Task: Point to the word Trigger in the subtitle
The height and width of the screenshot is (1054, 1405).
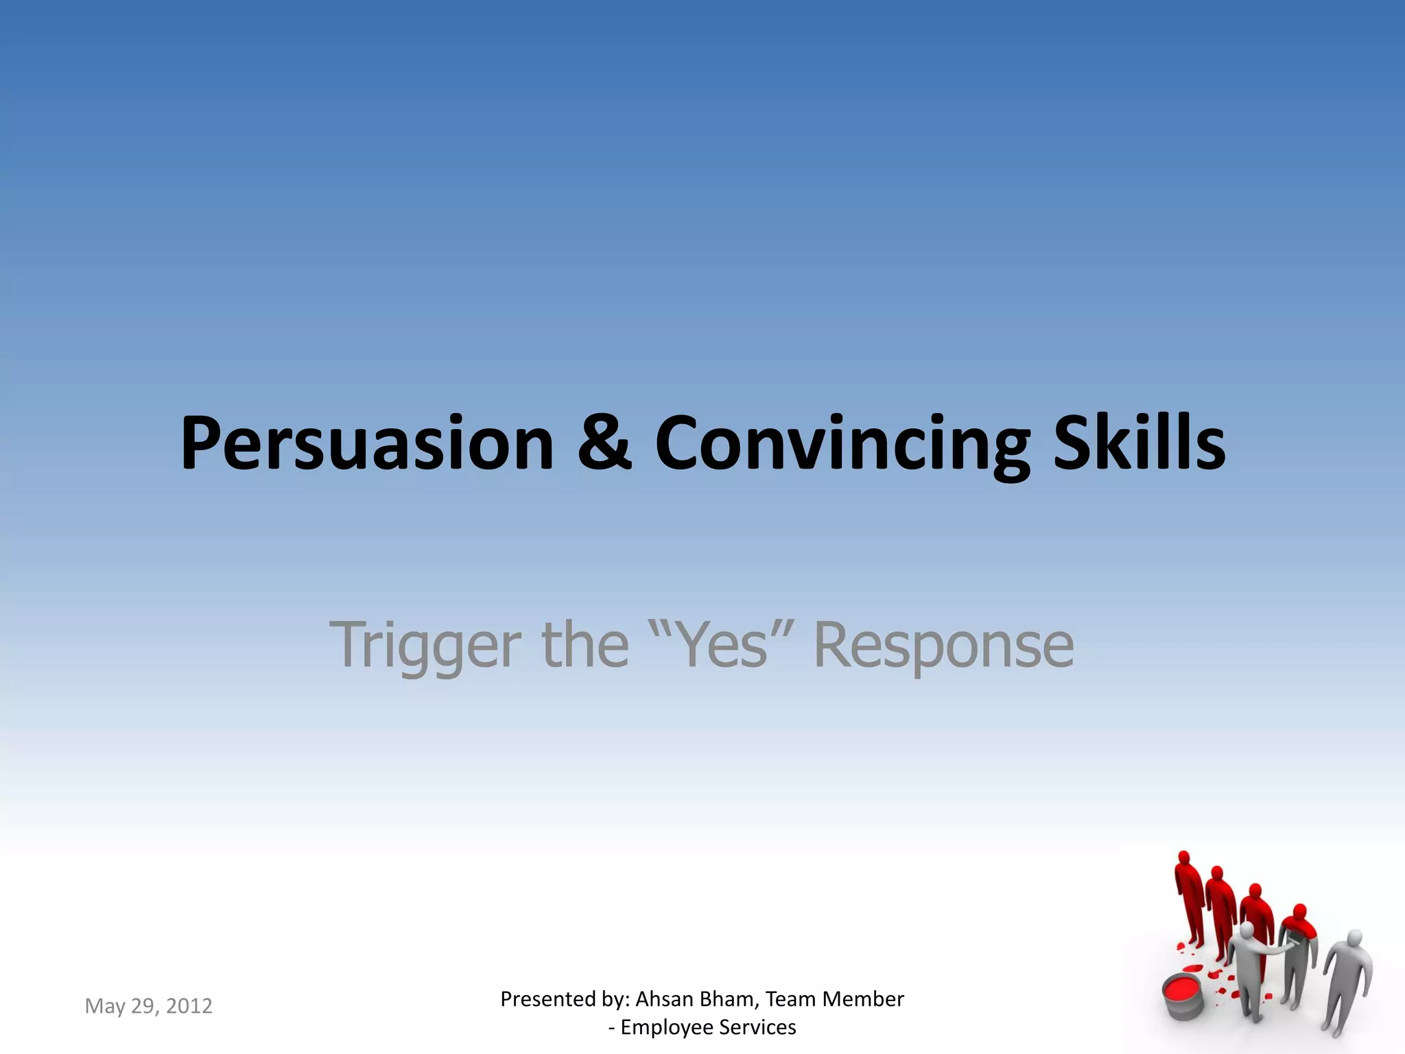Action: click(425, 645)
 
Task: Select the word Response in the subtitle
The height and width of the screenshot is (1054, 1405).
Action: click(943, 645)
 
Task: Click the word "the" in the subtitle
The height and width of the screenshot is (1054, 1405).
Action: click(585, 645)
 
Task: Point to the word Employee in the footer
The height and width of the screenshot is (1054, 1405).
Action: click(666, 1027)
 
